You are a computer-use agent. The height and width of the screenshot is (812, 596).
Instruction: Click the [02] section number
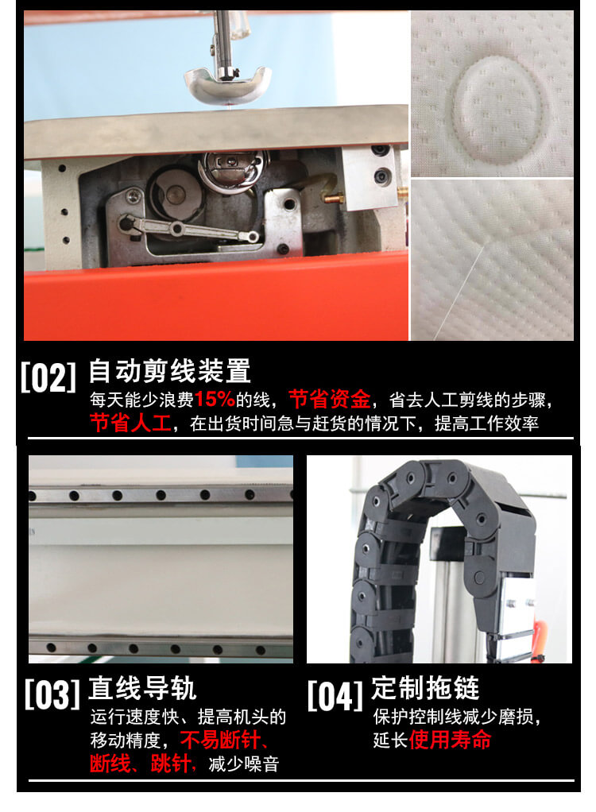[48, 377]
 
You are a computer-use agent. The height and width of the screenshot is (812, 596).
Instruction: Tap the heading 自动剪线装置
[169, 371]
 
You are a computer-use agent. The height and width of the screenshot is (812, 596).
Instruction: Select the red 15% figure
[215, 399]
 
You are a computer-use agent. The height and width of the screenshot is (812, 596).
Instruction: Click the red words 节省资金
[329, 399]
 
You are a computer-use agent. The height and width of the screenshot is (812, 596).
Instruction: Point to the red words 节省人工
[130, 423]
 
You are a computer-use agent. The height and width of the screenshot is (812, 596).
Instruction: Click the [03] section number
[52, 694]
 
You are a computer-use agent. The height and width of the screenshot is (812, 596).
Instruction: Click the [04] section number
[335, 694]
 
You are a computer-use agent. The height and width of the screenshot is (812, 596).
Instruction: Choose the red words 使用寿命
[451, 740]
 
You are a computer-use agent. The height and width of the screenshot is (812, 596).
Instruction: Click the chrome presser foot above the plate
[227, 79]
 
